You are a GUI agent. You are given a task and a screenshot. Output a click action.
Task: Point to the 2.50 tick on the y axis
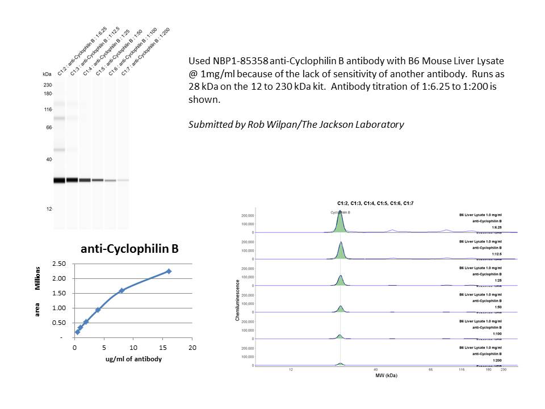(x=59, y=264)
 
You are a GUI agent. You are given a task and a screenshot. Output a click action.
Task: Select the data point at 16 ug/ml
(x=169, y=272)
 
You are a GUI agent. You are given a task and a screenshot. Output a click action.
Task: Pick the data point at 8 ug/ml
(x=121, y=290)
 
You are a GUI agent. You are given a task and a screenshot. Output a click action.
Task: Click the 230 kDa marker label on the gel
(x=48, y=85)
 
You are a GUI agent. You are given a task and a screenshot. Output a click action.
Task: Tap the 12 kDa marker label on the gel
(x=49, y=209)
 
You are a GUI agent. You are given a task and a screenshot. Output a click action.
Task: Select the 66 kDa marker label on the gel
(x=48, y=128)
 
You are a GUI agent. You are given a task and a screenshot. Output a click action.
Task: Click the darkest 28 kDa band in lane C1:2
(x=60, y=181)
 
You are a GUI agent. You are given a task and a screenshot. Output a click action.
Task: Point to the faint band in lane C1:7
(x=123, y=180)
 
